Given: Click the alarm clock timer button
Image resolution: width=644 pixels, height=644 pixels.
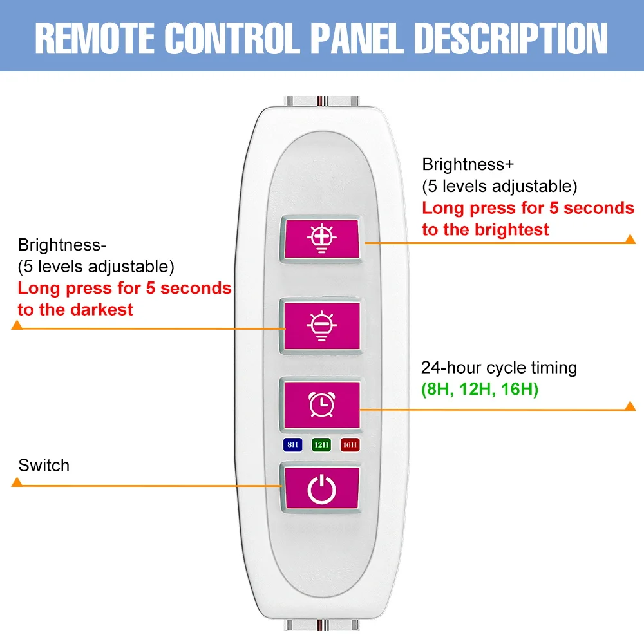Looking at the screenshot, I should tap(320, 404).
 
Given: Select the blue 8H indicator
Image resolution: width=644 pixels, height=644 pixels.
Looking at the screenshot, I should tap(292, 444).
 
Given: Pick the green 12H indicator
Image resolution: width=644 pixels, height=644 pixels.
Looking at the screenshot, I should tap(321, 444).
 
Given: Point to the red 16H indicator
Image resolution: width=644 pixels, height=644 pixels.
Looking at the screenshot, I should tap(350, 444).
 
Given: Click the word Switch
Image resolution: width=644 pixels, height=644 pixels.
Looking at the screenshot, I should tap(44, 466).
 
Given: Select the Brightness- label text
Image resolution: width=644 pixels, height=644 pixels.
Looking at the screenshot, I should tap(62, 245).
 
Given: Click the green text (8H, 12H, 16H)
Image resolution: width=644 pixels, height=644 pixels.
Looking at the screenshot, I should tap(480, 390).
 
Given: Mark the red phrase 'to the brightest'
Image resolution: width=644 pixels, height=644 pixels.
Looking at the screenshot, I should tap(486, 230).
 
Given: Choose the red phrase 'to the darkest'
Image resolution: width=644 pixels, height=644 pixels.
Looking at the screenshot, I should tap(75, 309).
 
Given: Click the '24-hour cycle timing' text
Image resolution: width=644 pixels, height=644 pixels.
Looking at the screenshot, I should tap(499, 368).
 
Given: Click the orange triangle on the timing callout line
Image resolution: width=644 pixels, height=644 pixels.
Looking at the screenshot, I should tap(630, 406).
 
